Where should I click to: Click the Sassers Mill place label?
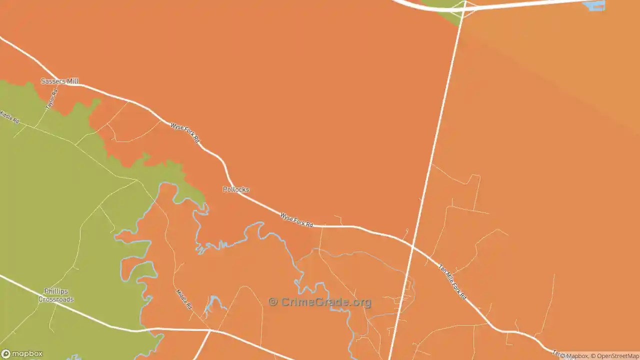click(x=59, y=81)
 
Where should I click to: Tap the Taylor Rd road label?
click(x=51, y=99)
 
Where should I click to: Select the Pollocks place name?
click(x=235, y=189)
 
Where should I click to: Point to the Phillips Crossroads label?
click(x=56, y=295)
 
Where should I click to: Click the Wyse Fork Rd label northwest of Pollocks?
click(x=185, y=132)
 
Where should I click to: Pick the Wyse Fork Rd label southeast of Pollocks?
click(x=296, y=220)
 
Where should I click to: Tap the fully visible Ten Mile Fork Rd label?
click(x=452, y=282)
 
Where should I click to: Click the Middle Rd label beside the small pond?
click(x=184, y=299)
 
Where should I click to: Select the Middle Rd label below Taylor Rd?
click(x=9, y=117)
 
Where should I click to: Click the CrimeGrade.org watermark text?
click(x=326, y=302)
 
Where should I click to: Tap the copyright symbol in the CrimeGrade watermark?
click(x=273, y=302)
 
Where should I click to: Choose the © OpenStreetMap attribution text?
click(x=615, y=356)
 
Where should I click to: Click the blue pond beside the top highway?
click(x=594, y=6)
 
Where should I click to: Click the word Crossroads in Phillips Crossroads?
click(x=56, y=299)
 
